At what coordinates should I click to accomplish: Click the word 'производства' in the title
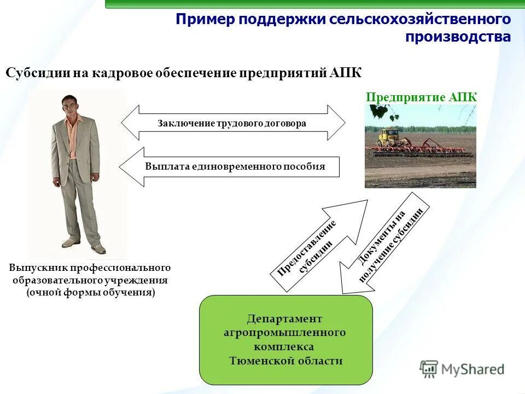click(458, 37)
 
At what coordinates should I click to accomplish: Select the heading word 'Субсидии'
click(36, 73)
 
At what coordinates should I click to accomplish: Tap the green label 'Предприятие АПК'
click(421, 97)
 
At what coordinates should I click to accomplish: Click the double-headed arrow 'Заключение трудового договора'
click(232, 123)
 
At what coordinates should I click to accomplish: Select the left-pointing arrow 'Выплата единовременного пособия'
click(230, 167)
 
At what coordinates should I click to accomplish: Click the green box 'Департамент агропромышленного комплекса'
click(285, 339)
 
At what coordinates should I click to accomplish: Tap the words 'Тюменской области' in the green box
click(285, 361)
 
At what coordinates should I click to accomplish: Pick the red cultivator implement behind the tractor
click(437, 147)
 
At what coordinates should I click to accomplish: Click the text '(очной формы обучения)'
click(91, 293)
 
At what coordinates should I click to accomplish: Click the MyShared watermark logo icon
click(429, 369)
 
